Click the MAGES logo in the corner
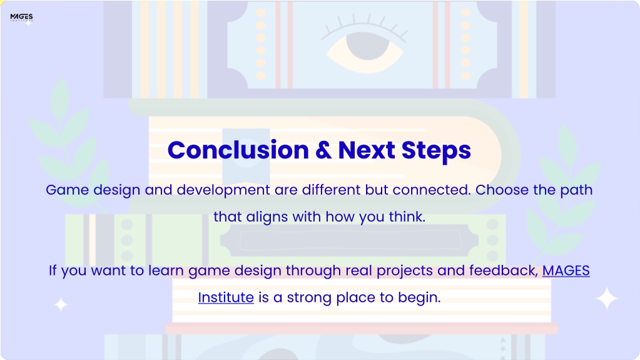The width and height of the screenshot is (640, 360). pos(21,17)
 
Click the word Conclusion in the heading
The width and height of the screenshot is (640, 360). pos(238,150)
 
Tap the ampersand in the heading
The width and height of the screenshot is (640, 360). pos(323,150)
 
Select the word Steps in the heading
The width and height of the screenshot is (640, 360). pos(436,151)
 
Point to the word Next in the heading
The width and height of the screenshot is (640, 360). pos(366,150)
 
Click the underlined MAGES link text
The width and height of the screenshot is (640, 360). pos(566,270)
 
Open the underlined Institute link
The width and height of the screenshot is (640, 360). pos(226,297)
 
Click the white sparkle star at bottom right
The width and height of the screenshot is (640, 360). pos(607,298)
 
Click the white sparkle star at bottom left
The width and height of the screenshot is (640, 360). pos(61,304)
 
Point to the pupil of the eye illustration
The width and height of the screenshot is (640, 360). pos(367,46)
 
